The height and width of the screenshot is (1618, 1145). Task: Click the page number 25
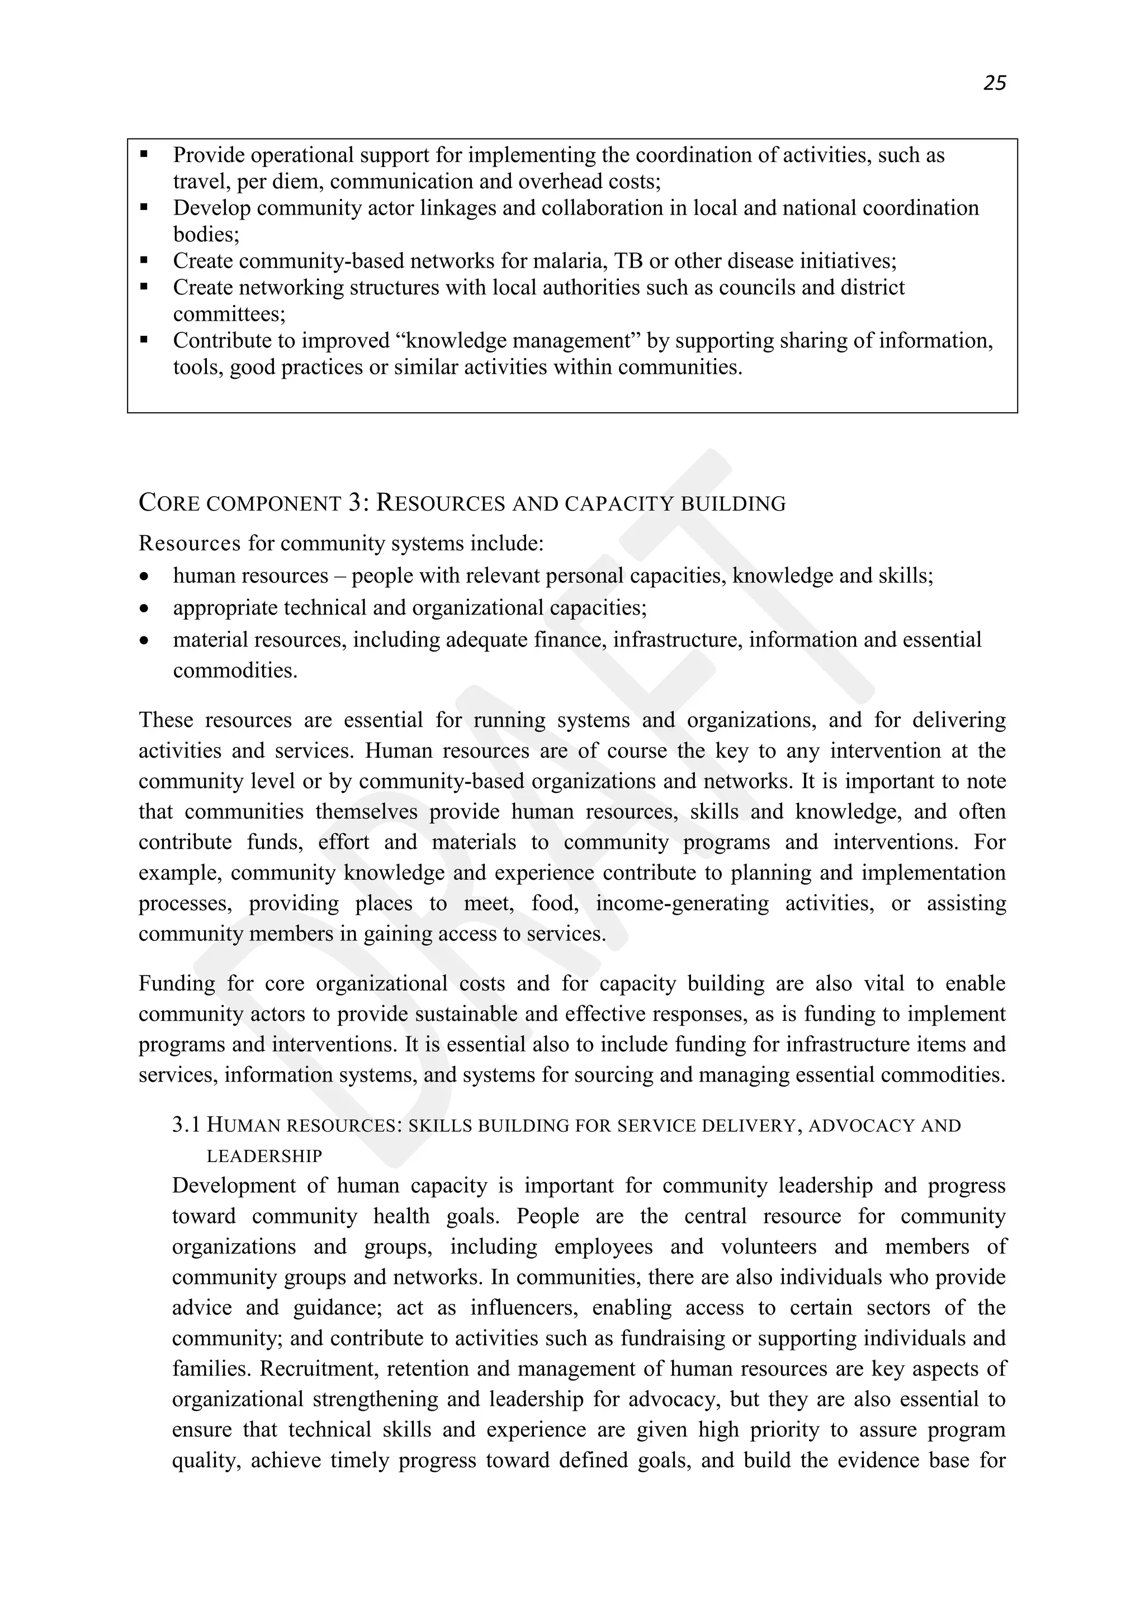(994, 83)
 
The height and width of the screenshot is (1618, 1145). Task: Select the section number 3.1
(186, 1125)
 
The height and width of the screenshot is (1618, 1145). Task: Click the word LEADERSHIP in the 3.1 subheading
(264, 1157)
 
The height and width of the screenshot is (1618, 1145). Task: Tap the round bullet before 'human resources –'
(145, 577)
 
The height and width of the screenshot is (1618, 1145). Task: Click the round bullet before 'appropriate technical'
(145, 608)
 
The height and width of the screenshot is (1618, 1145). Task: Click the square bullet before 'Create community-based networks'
(145, 261)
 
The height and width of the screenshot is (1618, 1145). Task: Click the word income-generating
(682, 903)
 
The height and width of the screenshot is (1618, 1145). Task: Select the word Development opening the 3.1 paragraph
(233, 1186)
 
